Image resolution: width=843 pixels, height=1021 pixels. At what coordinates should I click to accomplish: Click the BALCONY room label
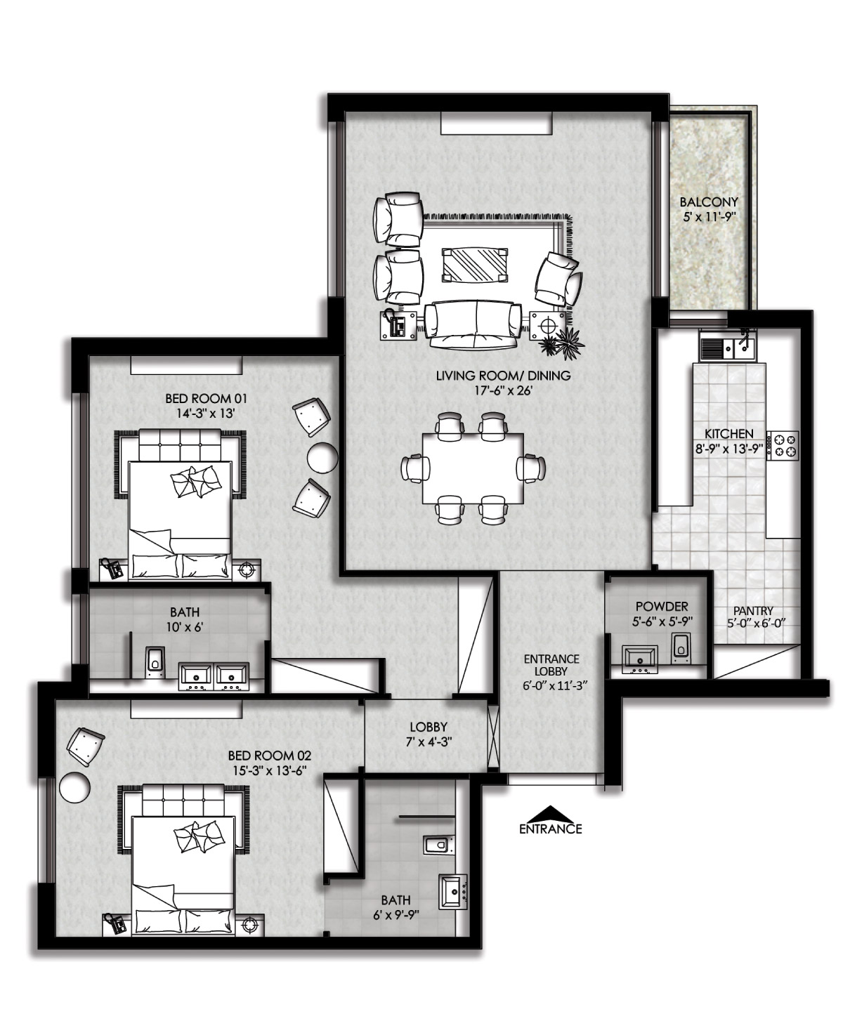pos(708,202)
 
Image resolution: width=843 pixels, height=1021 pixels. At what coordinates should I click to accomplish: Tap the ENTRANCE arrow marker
pos(551,814)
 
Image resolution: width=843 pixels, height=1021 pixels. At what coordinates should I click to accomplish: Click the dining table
pos(473,468)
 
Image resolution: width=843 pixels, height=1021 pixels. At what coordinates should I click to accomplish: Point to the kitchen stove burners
pos(783,445)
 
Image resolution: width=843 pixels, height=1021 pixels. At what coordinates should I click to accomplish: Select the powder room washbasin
pos(639,659)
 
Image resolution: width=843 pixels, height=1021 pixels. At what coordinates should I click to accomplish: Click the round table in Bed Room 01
pos(322,457)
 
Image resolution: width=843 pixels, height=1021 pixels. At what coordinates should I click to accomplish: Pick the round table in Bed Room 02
pos(74,786)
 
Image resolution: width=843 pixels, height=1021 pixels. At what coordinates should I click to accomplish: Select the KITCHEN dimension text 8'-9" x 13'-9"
pos(729,449)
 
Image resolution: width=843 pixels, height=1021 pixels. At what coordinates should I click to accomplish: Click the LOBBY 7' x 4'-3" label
pos(429,734)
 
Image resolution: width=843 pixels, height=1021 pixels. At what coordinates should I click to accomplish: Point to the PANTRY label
pos(753,611)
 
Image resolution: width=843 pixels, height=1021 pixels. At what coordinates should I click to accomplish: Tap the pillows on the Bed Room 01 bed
pos(195,482)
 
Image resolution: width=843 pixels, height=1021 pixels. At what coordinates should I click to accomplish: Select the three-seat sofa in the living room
pos(473,324)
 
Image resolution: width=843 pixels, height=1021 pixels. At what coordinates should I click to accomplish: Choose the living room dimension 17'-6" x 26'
pos(504,390)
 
